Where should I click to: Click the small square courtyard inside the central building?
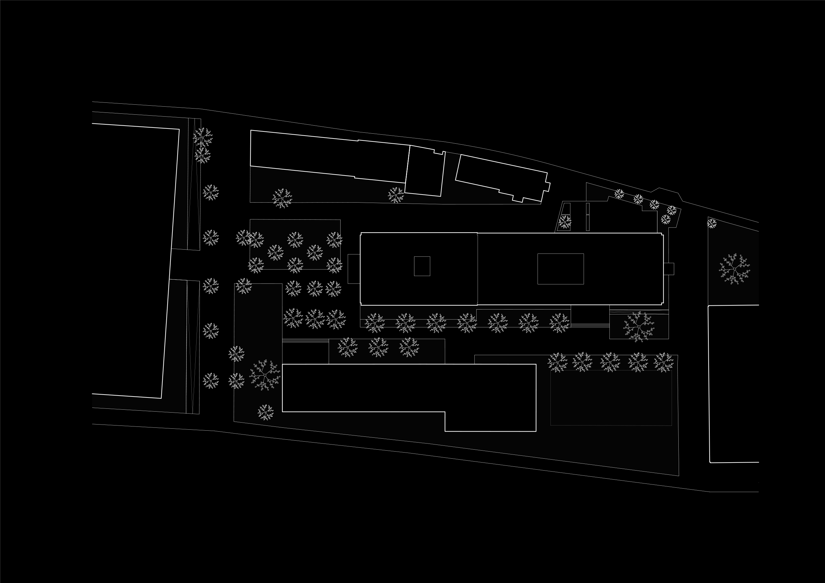tap(422, 266)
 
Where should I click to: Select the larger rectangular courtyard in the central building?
tap(560, 269)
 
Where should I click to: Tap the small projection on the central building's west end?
tap(354, 269)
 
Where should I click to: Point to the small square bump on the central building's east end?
tap(669, 269)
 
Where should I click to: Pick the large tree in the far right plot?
tap(734, 269)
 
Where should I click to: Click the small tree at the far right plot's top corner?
tap(712, 223)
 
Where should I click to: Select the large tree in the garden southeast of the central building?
tap(638, 326)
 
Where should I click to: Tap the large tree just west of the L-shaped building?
tap(265, 375)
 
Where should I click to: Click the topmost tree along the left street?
tap(203, 137)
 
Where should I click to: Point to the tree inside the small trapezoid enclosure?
tap(565, 222)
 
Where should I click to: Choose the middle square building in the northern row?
tap(425, 171)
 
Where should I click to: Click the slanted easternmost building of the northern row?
tap(502, 178)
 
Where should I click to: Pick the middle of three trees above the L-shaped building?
tap(378, 347)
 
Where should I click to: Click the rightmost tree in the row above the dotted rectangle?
tap(663, 362)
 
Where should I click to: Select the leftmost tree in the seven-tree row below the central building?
tap(375, 322)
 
